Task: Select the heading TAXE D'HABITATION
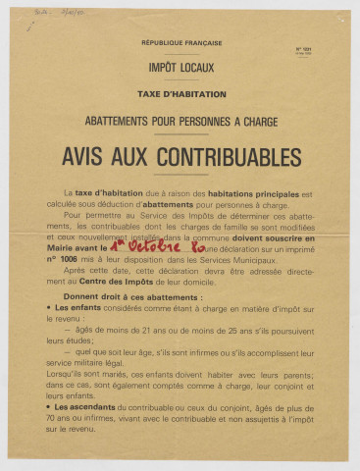pos(180,94)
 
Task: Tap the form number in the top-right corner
pos(302,48)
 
